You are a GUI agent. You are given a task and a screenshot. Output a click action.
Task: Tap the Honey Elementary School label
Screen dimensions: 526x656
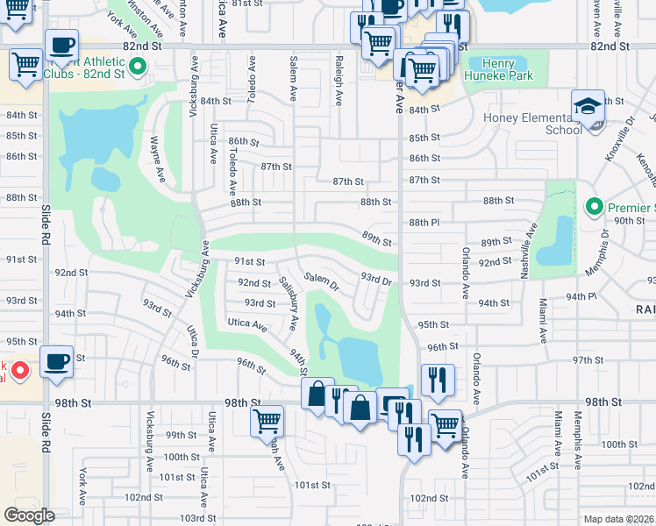click(x=532, y=124)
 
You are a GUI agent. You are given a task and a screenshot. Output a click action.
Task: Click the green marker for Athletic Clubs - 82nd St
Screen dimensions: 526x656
click(x=138, y=66)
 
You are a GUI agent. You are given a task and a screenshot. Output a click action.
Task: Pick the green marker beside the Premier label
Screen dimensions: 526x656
click(x=594, y=208)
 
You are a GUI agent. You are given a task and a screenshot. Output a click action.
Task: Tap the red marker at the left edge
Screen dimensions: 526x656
click(x=21, y=370)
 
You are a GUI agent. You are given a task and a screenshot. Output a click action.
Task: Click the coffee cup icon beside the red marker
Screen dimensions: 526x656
click(x=58, y=362)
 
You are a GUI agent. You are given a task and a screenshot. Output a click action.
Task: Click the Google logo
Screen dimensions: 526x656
click(x=30, y=515)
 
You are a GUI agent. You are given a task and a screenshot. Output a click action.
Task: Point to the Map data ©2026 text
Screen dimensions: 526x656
click(x=618, y=519)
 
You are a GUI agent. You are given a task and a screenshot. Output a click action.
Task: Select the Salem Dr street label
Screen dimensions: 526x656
click(x=321, y=281)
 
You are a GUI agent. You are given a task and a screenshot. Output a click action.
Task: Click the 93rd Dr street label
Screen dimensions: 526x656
click(x=375, y=279)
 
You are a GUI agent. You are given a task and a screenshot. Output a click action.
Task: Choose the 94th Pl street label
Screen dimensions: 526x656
click(x=581, y=297)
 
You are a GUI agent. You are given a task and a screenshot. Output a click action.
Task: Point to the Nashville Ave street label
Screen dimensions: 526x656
click(x=528, y=250)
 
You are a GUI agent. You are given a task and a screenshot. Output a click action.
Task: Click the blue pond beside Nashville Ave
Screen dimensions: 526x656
click(x=554, y=243)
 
